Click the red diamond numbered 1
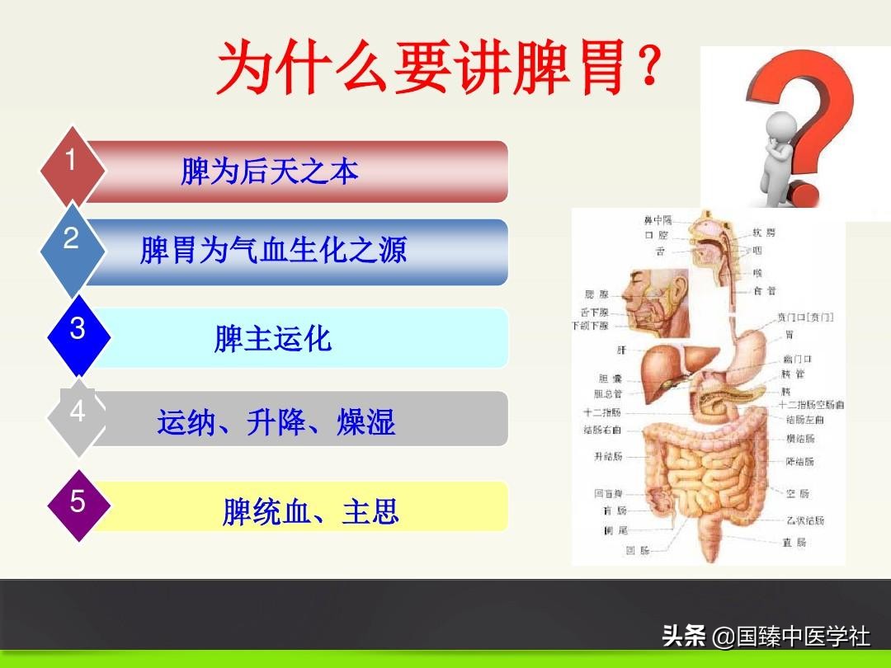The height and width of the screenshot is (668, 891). [73, 165]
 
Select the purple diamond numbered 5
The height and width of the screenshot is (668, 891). [78, 504]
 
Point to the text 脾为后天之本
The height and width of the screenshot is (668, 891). [270, 172]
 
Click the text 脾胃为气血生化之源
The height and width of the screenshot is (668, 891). [273, 251]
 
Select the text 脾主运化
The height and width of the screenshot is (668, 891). [273, 339]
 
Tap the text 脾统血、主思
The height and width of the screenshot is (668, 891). [311, 512]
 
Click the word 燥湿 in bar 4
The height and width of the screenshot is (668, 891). [366, 422]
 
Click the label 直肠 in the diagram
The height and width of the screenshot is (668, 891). [794, 543]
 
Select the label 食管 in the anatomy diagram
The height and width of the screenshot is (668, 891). [764, 291]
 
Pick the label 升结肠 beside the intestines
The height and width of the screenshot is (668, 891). [608, 456]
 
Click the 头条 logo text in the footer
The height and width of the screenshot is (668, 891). [684, 637]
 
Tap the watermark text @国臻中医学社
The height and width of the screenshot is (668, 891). [791, 637]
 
